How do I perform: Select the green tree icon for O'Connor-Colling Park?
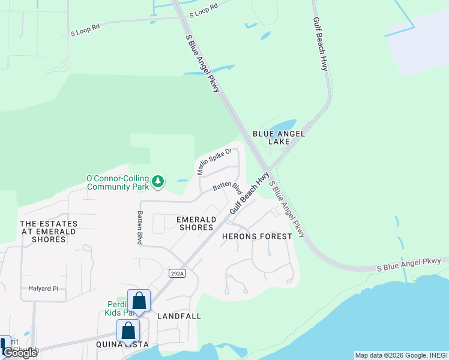[x=158, y=181]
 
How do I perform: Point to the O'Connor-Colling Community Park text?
[x=118, y=182]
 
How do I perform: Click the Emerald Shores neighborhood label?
[x=196, y=223]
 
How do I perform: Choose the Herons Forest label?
[x=257, y=236]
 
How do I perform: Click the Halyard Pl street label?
[x=43, y=289]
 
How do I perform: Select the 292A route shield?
[x=175, y=273]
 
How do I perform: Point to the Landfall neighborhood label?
[x=179, y=316]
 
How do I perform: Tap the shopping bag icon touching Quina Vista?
[x=128, y=330]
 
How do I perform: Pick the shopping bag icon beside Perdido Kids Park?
[x=139, y=301]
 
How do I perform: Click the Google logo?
[x=20, y=353]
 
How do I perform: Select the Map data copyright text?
[x=400, y=355]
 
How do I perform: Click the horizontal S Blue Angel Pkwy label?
[x=409, y=264]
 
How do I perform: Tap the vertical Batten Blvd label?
[x=139, y=227]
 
